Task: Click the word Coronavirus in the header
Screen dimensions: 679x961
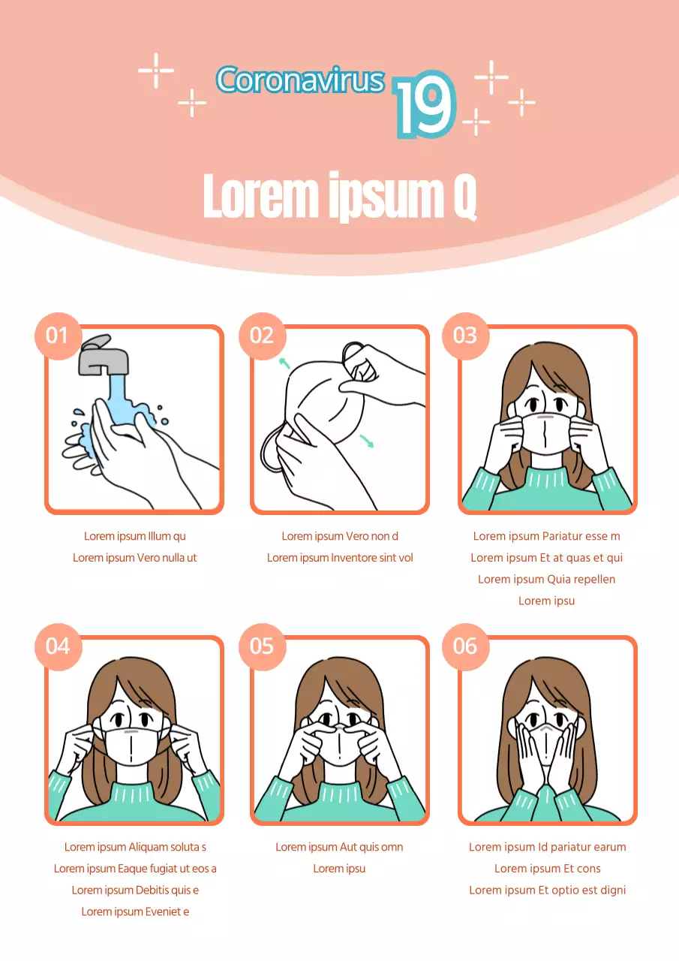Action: [301, 80]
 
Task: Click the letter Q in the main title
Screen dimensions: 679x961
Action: [465, 197]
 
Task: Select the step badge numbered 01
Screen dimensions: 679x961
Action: [59, 336]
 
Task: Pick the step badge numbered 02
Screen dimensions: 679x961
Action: [263, 336]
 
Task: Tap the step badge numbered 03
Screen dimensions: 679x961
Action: [465, 336]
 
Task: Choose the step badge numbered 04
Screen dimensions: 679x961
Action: [59, 646]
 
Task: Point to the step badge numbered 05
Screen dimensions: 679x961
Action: [263, 646]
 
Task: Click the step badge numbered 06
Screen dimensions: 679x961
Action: [465, 646]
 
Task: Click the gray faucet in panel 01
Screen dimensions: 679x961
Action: [103, 355]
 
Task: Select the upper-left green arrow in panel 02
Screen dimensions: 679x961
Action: [284, 363]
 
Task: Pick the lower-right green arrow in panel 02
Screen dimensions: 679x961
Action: [366, 441]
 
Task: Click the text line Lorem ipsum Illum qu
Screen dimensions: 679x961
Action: [135, 536]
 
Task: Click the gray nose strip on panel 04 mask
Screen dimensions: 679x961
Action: [131, 731]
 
